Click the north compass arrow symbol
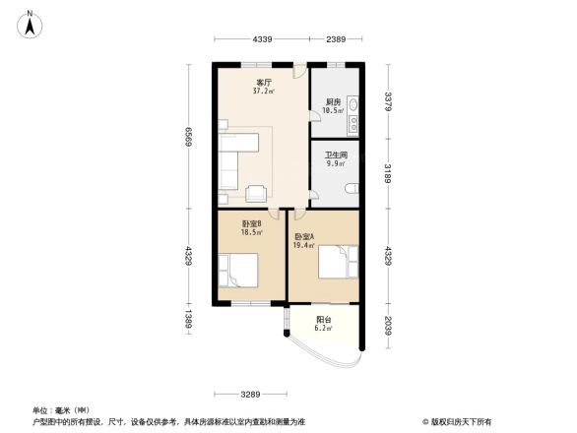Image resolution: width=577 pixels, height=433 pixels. point(31,25)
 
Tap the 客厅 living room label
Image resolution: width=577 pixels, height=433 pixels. point(264,83)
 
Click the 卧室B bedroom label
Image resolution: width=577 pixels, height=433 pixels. point(252,223)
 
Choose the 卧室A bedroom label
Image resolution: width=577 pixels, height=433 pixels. point(304,236)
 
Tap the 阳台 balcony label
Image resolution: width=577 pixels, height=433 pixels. point(323,320)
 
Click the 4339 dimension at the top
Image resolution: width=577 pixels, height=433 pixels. point(262,38)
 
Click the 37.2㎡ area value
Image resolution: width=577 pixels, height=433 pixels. point(264,92)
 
